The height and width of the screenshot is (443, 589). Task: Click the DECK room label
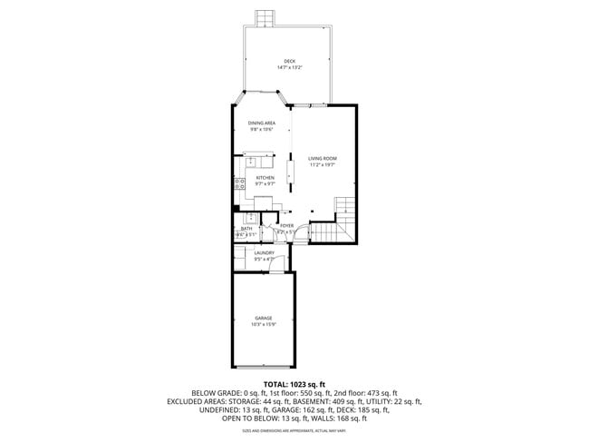(289, 61)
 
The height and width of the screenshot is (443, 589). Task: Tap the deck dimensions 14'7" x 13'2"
(289, 68)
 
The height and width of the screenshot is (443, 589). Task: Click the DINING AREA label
(262, 123)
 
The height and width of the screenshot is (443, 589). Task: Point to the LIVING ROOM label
(322, 158)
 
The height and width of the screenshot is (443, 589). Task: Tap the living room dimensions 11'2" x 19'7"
(322, 165)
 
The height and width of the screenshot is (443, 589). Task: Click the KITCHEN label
(265, 177)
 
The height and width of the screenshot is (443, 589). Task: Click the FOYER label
(286, 225)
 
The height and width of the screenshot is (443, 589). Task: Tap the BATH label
(246, 229)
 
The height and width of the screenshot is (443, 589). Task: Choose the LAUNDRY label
(264, 253)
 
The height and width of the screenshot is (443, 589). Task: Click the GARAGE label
(263, 318)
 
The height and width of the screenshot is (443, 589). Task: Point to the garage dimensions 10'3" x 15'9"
(263, 325)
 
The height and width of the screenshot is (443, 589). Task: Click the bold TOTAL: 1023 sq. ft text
(294, 384)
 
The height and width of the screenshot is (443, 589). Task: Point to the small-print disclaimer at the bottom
(294, 430)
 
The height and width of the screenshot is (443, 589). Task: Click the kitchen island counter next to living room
(291, 170)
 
